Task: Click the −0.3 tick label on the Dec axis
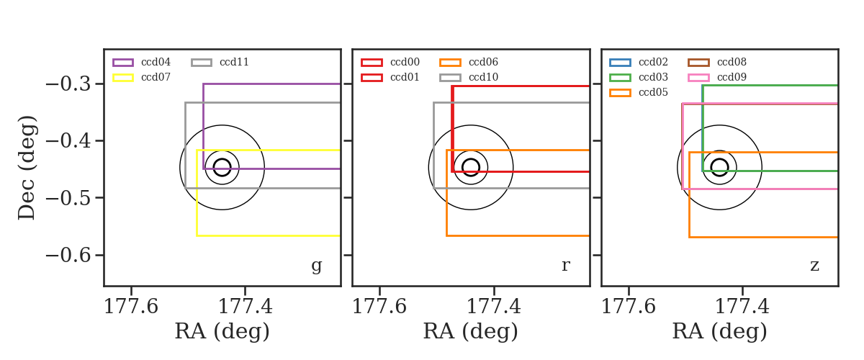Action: tap(68, 84)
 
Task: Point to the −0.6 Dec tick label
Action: tap(68, 255)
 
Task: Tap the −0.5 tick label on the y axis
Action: tap(68, 197)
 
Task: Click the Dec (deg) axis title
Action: tap(27, 168)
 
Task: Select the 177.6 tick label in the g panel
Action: tap(131, 307)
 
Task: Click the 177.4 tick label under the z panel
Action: tap(742, 307)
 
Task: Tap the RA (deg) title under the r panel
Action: tap(471, 331)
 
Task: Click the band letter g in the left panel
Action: tap(316, 266)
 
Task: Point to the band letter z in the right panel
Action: tap(814, 266)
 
